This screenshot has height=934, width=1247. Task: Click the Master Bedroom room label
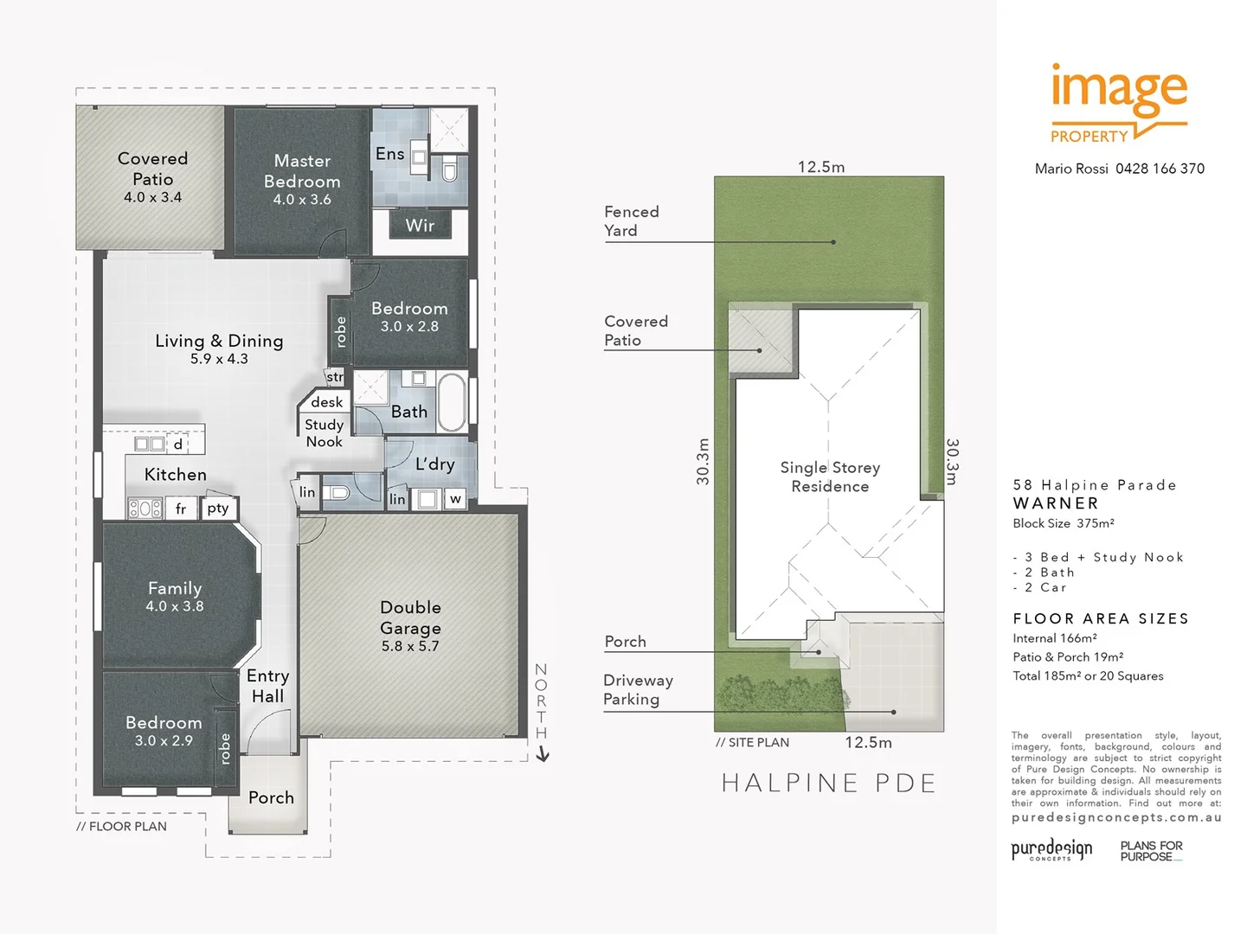pyautogui.click(x=302, y=171)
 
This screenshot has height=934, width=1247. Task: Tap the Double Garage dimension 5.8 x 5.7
pyautogui.click(x=410, y=646)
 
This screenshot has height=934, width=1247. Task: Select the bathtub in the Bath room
pyautogui.click(x=452, y=401)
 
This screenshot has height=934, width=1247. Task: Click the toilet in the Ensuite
pyautogui.click(x=449, y=169)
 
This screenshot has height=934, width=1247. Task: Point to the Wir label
pyautogui.click(x=420, y=226)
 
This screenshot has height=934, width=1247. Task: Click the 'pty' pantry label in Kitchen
pyautogui.click(x=218, y=509)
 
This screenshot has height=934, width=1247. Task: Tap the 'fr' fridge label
pyautogui.click(x=181, y=509)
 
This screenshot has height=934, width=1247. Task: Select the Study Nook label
pyautogui.click(x=325, y=433)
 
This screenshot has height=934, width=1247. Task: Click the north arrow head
pyautogui.click(x=543, y=755)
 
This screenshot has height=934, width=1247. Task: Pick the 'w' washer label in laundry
pyautogui.click(x=455, y=499)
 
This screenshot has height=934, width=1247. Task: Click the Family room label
pyautogui.click(x=175, y=588)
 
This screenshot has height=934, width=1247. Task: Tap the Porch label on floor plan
pyautogui.click(x=271, y=797)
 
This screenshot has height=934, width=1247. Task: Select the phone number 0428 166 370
pyautogui.click(x=1160, y=169)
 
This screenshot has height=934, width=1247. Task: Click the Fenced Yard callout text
pyautogui.click(x=631, y=221)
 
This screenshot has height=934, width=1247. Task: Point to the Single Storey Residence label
pyautogui.click(x=830, y=477)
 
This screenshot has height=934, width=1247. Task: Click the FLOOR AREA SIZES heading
pyautogui.click(x=1101, y=618)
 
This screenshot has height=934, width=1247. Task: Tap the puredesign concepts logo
pyautogui.click(x=1051, y=850)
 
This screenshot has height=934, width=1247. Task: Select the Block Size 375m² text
pyautogui.click(x=1064, y=523)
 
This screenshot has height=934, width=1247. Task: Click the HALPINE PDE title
pyautogui.click(x=828, y=784)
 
